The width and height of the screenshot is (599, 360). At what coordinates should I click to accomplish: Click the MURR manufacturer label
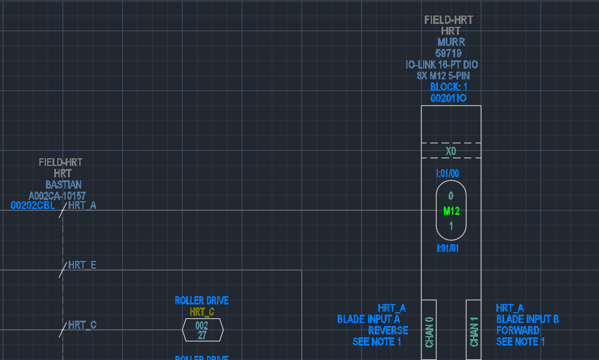point(450,42)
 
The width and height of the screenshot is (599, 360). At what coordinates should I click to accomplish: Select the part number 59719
point(448,53)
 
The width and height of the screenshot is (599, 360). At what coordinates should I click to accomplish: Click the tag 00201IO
point(448,98)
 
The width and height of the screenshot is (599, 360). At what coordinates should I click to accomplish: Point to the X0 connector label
point(451,151)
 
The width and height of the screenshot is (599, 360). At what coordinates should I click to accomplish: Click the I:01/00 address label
point(448,174)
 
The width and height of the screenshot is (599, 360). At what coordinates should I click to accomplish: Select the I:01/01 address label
point(448,248)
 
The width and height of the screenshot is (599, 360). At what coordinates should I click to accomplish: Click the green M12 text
point(451,211)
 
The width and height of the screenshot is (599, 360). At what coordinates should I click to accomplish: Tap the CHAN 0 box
point(430,331)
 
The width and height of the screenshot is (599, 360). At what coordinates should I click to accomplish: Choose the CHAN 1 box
point(474,331)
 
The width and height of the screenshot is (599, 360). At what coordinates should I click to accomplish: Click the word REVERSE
point(388,330)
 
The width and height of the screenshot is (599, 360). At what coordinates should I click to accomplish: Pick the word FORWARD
point(518,330)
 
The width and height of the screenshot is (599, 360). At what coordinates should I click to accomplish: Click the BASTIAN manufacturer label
point(64,184)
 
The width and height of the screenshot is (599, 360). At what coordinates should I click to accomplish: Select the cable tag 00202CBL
point(33,205)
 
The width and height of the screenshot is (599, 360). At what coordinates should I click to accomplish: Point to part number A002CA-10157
point(57,195)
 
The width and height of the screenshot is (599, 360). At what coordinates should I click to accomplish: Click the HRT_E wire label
point(82,265)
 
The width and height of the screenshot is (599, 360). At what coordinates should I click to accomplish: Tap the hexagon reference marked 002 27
point(203,330)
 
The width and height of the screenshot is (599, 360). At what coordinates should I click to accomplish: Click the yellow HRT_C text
point(202,312)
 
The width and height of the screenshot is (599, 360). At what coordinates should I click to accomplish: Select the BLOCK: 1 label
point(449,87)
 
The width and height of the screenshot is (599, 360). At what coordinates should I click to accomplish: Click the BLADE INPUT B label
point(527,319)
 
